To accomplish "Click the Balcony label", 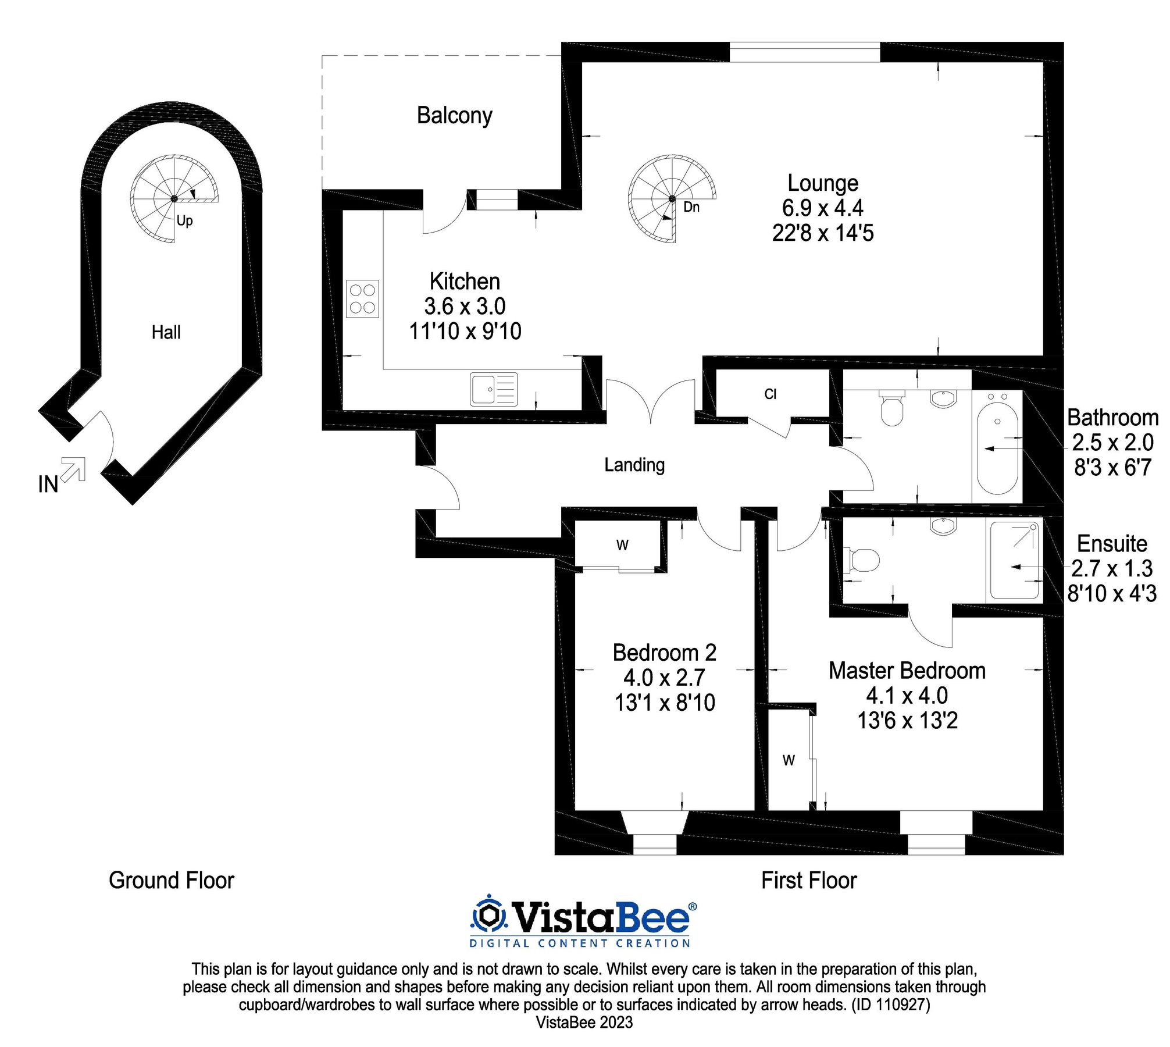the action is click(454, 116).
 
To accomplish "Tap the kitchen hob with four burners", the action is click(362, 299).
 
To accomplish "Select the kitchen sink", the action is click(494, 389).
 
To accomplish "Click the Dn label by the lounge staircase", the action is click(691, 207).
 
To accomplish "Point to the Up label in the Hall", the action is click(184, 220).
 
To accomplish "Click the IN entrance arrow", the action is click(73, 469).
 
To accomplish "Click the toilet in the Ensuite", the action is click(861, 560).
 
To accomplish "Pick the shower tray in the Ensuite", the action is click(1014, 560).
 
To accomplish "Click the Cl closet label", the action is click(770, 394).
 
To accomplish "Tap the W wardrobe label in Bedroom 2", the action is click(622, 546).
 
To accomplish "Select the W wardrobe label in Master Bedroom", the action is click(789, 760).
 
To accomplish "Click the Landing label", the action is click(634, 465).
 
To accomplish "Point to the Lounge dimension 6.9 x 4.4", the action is click(822, 208).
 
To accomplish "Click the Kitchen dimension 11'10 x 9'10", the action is click(465, 332).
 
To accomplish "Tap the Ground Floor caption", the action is click(172, 881).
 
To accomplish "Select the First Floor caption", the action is click(809, 881).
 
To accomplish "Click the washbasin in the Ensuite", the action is click(943, 526).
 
